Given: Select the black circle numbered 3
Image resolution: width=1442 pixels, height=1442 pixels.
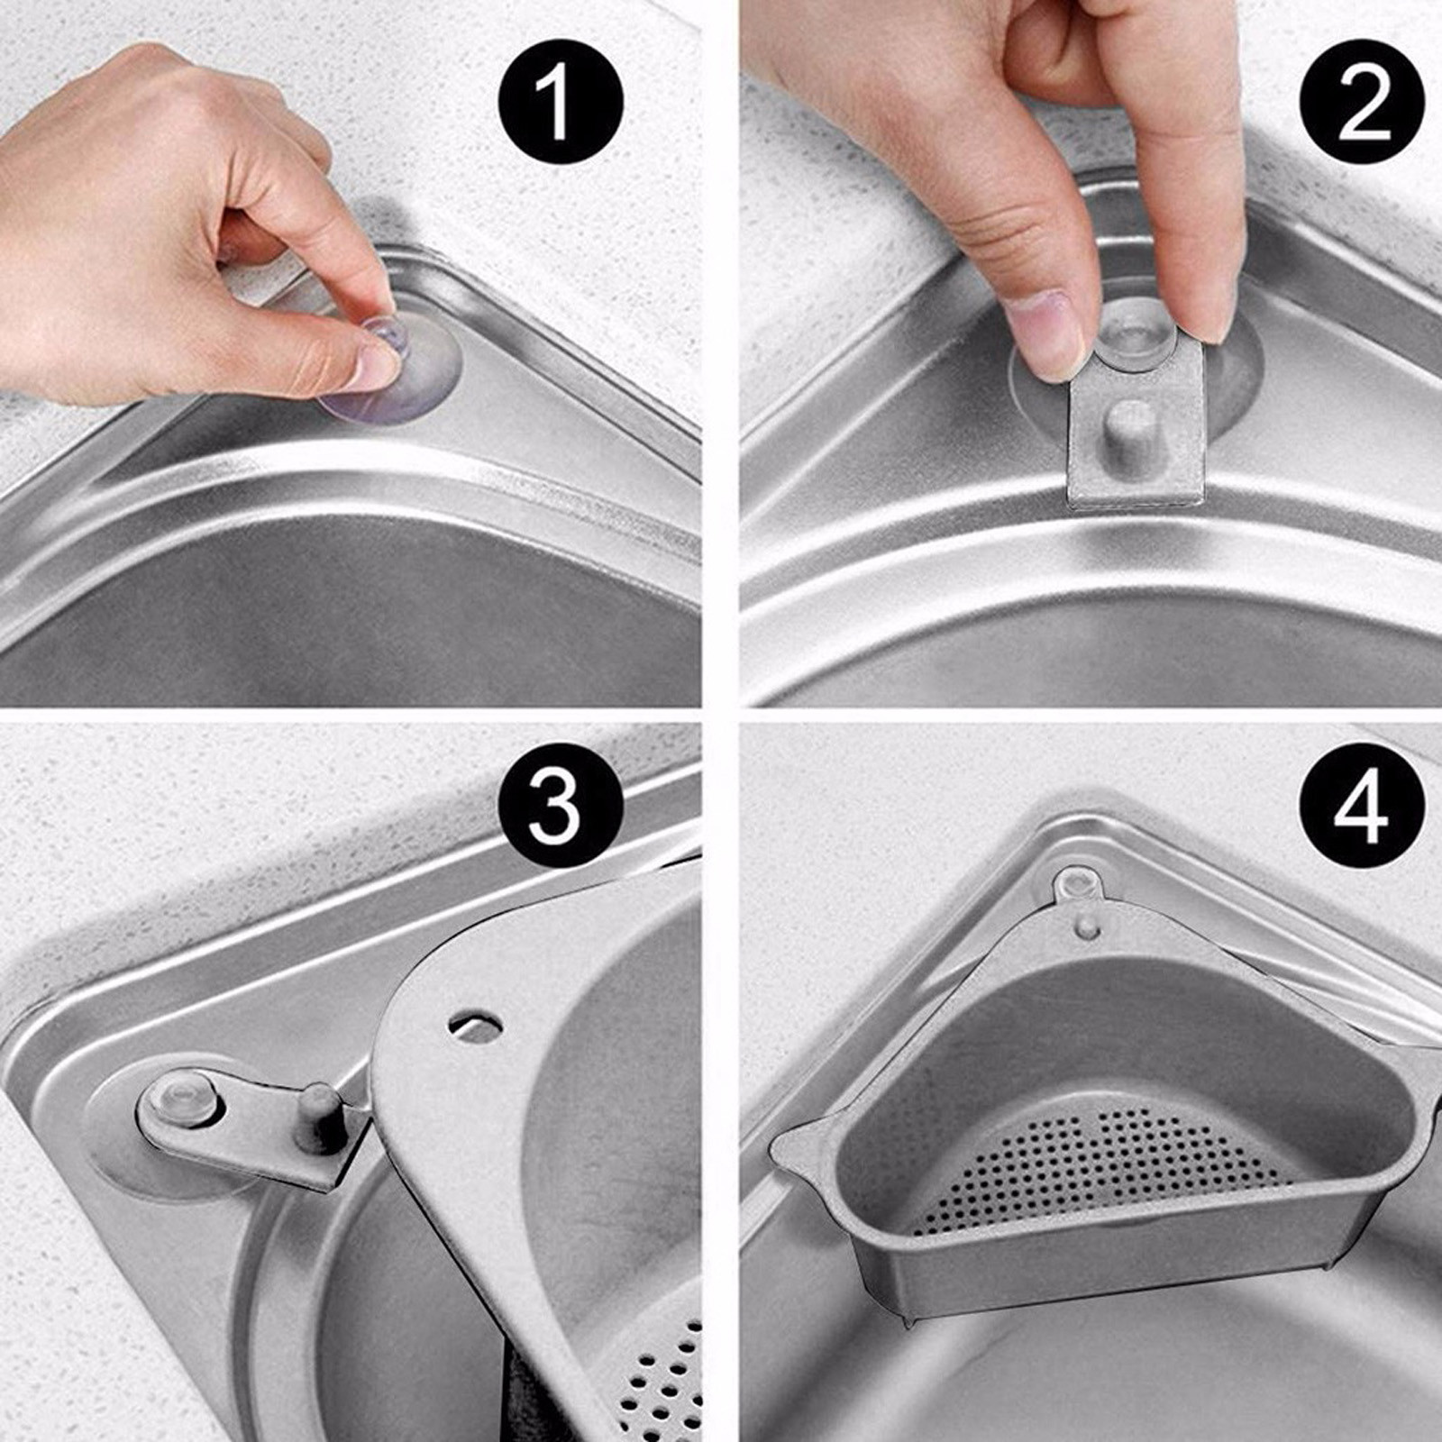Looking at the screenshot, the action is tap(560, 805).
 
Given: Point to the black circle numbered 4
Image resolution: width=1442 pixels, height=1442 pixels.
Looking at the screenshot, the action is tap(1362, 805).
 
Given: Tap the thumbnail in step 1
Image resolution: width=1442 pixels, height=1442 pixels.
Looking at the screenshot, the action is tap(377, 361).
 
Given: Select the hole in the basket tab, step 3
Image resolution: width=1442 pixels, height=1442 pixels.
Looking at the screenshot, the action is tap(475, 1024).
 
